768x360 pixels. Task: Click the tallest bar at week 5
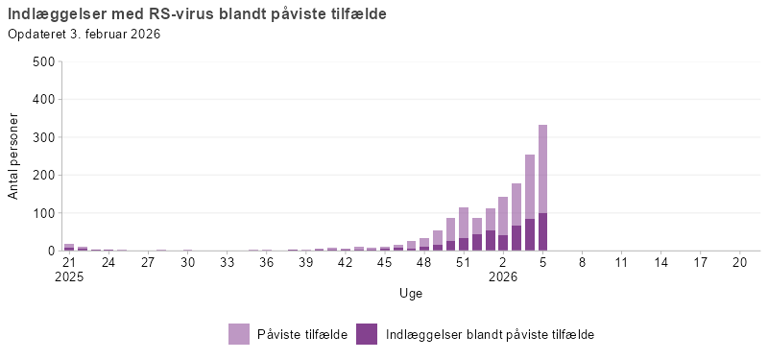coord(542,187)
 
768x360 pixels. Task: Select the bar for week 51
coord(464,228)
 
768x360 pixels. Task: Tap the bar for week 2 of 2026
coord(503,224)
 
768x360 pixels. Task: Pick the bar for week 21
coord(69,247)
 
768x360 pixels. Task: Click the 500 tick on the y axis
coord(43,61)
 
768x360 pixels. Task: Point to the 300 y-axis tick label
coord(43,137)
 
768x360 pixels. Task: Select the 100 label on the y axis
coord(43,213)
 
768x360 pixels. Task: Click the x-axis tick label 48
coord(423,261)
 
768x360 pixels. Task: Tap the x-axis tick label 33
coord(227,261)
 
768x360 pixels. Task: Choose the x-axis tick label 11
coord(621,261)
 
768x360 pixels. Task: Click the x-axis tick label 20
coord(739,261)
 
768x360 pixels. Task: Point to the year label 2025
coord(69,276)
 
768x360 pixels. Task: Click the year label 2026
coord(503,276)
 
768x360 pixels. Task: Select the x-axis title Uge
coord(411,293)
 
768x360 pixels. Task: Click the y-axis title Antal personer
coord(13,156)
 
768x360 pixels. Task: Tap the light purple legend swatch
coord(239,334)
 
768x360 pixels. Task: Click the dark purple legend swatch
coord(367,334)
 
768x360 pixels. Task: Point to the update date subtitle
coord(84,35)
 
